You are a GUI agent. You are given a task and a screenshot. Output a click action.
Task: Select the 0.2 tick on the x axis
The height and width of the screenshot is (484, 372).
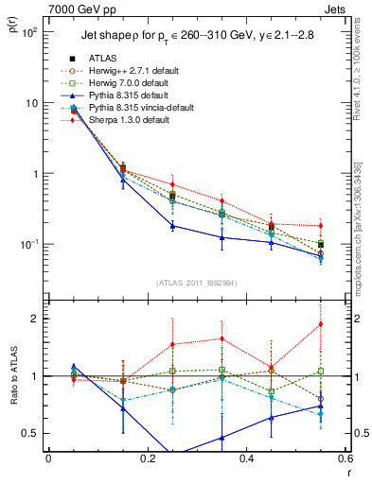(148, 458)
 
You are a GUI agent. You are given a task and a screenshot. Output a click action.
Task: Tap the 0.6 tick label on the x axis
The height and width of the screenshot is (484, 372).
(345, 458)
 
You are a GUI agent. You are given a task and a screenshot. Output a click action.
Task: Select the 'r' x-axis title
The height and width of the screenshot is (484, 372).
(348, 473)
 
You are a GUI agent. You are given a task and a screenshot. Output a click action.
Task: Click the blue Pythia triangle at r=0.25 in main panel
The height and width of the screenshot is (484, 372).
(172, 226)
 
